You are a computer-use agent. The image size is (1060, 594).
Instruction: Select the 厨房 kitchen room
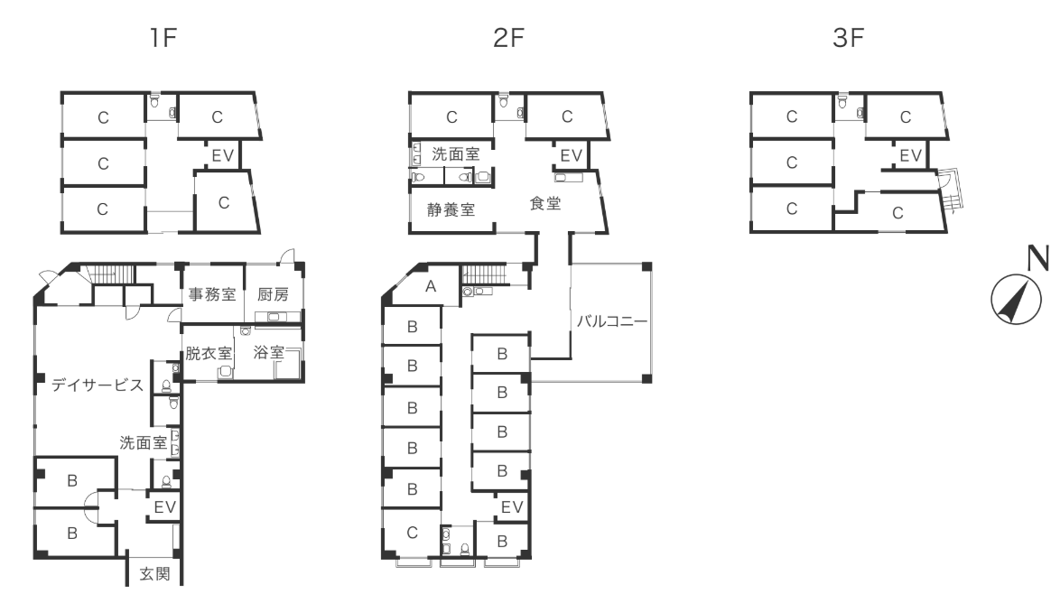click(x=273, y=294)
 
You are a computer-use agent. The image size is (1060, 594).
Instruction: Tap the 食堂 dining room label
click(x=545, y=204)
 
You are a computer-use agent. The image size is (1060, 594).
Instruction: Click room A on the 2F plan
click(x=431, y=287)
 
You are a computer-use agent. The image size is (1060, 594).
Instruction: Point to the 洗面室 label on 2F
click(x=456, y=154)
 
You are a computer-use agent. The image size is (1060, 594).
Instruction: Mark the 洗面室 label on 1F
click(x=143, y=442)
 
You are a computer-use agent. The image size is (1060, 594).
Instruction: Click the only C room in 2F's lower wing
click(x=412, y=533)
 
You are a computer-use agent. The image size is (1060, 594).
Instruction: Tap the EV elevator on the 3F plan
click(x=911, y=155)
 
